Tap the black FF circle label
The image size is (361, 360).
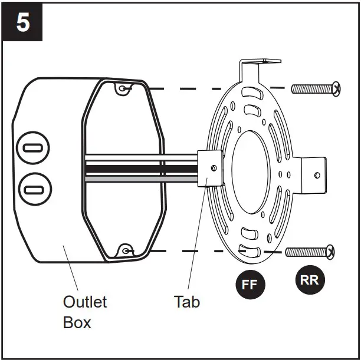point(250,285)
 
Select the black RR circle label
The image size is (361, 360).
point(309,280)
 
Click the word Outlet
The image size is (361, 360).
point(85,302)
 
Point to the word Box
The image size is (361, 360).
point(77,323)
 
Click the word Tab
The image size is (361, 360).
point(186,302)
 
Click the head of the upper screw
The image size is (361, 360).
point(335,89)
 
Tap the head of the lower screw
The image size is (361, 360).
point(330,252)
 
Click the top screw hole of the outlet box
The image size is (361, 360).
point(122,88)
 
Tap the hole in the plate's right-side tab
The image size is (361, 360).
point(317,175)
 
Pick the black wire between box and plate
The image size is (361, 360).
point(142,169)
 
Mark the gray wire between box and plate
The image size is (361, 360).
point(142,177)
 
